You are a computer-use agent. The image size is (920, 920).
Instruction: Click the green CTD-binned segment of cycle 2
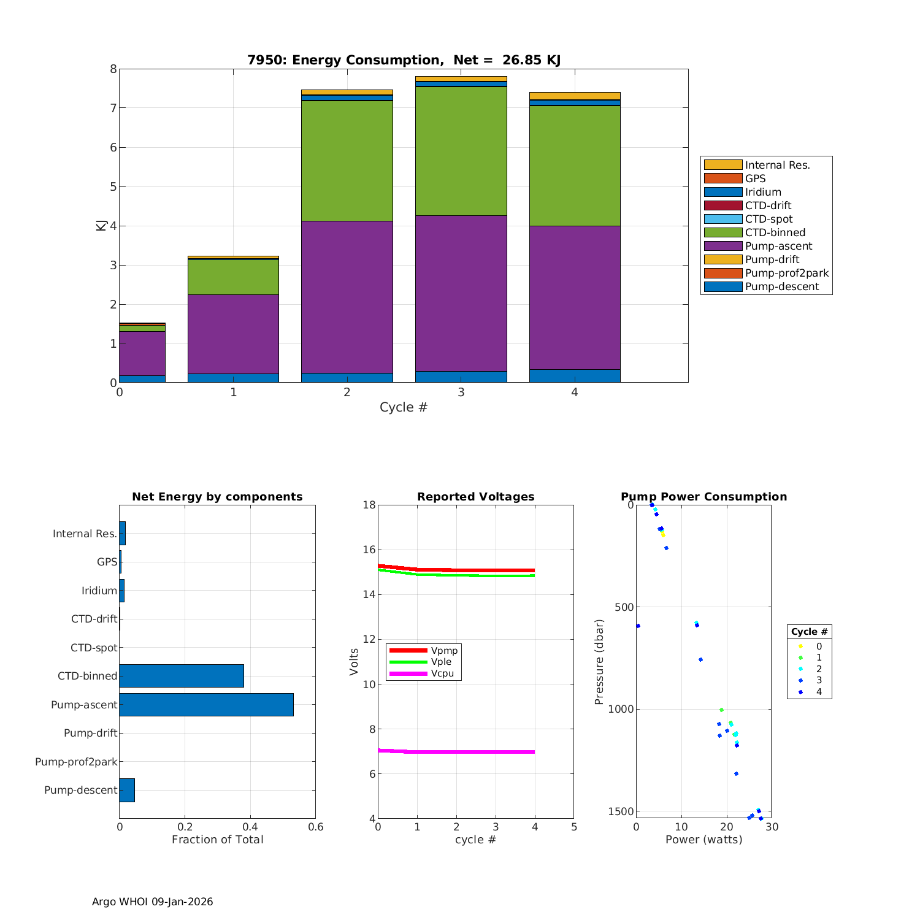347,161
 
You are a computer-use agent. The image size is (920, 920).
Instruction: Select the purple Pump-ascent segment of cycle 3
461,293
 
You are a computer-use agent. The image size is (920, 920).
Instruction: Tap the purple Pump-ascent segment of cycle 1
233,334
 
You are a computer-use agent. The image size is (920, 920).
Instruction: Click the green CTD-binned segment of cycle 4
575,166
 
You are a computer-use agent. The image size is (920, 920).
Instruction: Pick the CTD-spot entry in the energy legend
769,219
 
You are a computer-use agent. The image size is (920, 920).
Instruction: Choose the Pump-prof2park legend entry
786,273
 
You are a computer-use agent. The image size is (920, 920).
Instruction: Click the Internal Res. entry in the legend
777,165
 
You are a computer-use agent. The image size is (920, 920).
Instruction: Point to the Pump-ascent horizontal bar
206,705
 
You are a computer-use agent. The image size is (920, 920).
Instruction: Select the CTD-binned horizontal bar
182,676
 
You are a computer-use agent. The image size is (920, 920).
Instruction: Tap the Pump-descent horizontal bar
127,790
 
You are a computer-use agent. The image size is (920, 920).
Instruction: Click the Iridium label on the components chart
99,591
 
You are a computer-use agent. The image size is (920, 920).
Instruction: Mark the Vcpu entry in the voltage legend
442,673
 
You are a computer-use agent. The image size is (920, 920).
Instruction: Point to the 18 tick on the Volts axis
369,505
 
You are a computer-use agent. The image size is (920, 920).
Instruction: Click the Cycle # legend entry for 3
819,680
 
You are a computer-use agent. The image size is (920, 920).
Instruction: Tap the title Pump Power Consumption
703,497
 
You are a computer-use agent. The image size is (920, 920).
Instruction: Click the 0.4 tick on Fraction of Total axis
250,827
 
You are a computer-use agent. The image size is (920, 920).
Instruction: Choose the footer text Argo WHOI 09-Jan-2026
153,902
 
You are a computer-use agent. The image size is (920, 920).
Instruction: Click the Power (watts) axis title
703,840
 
